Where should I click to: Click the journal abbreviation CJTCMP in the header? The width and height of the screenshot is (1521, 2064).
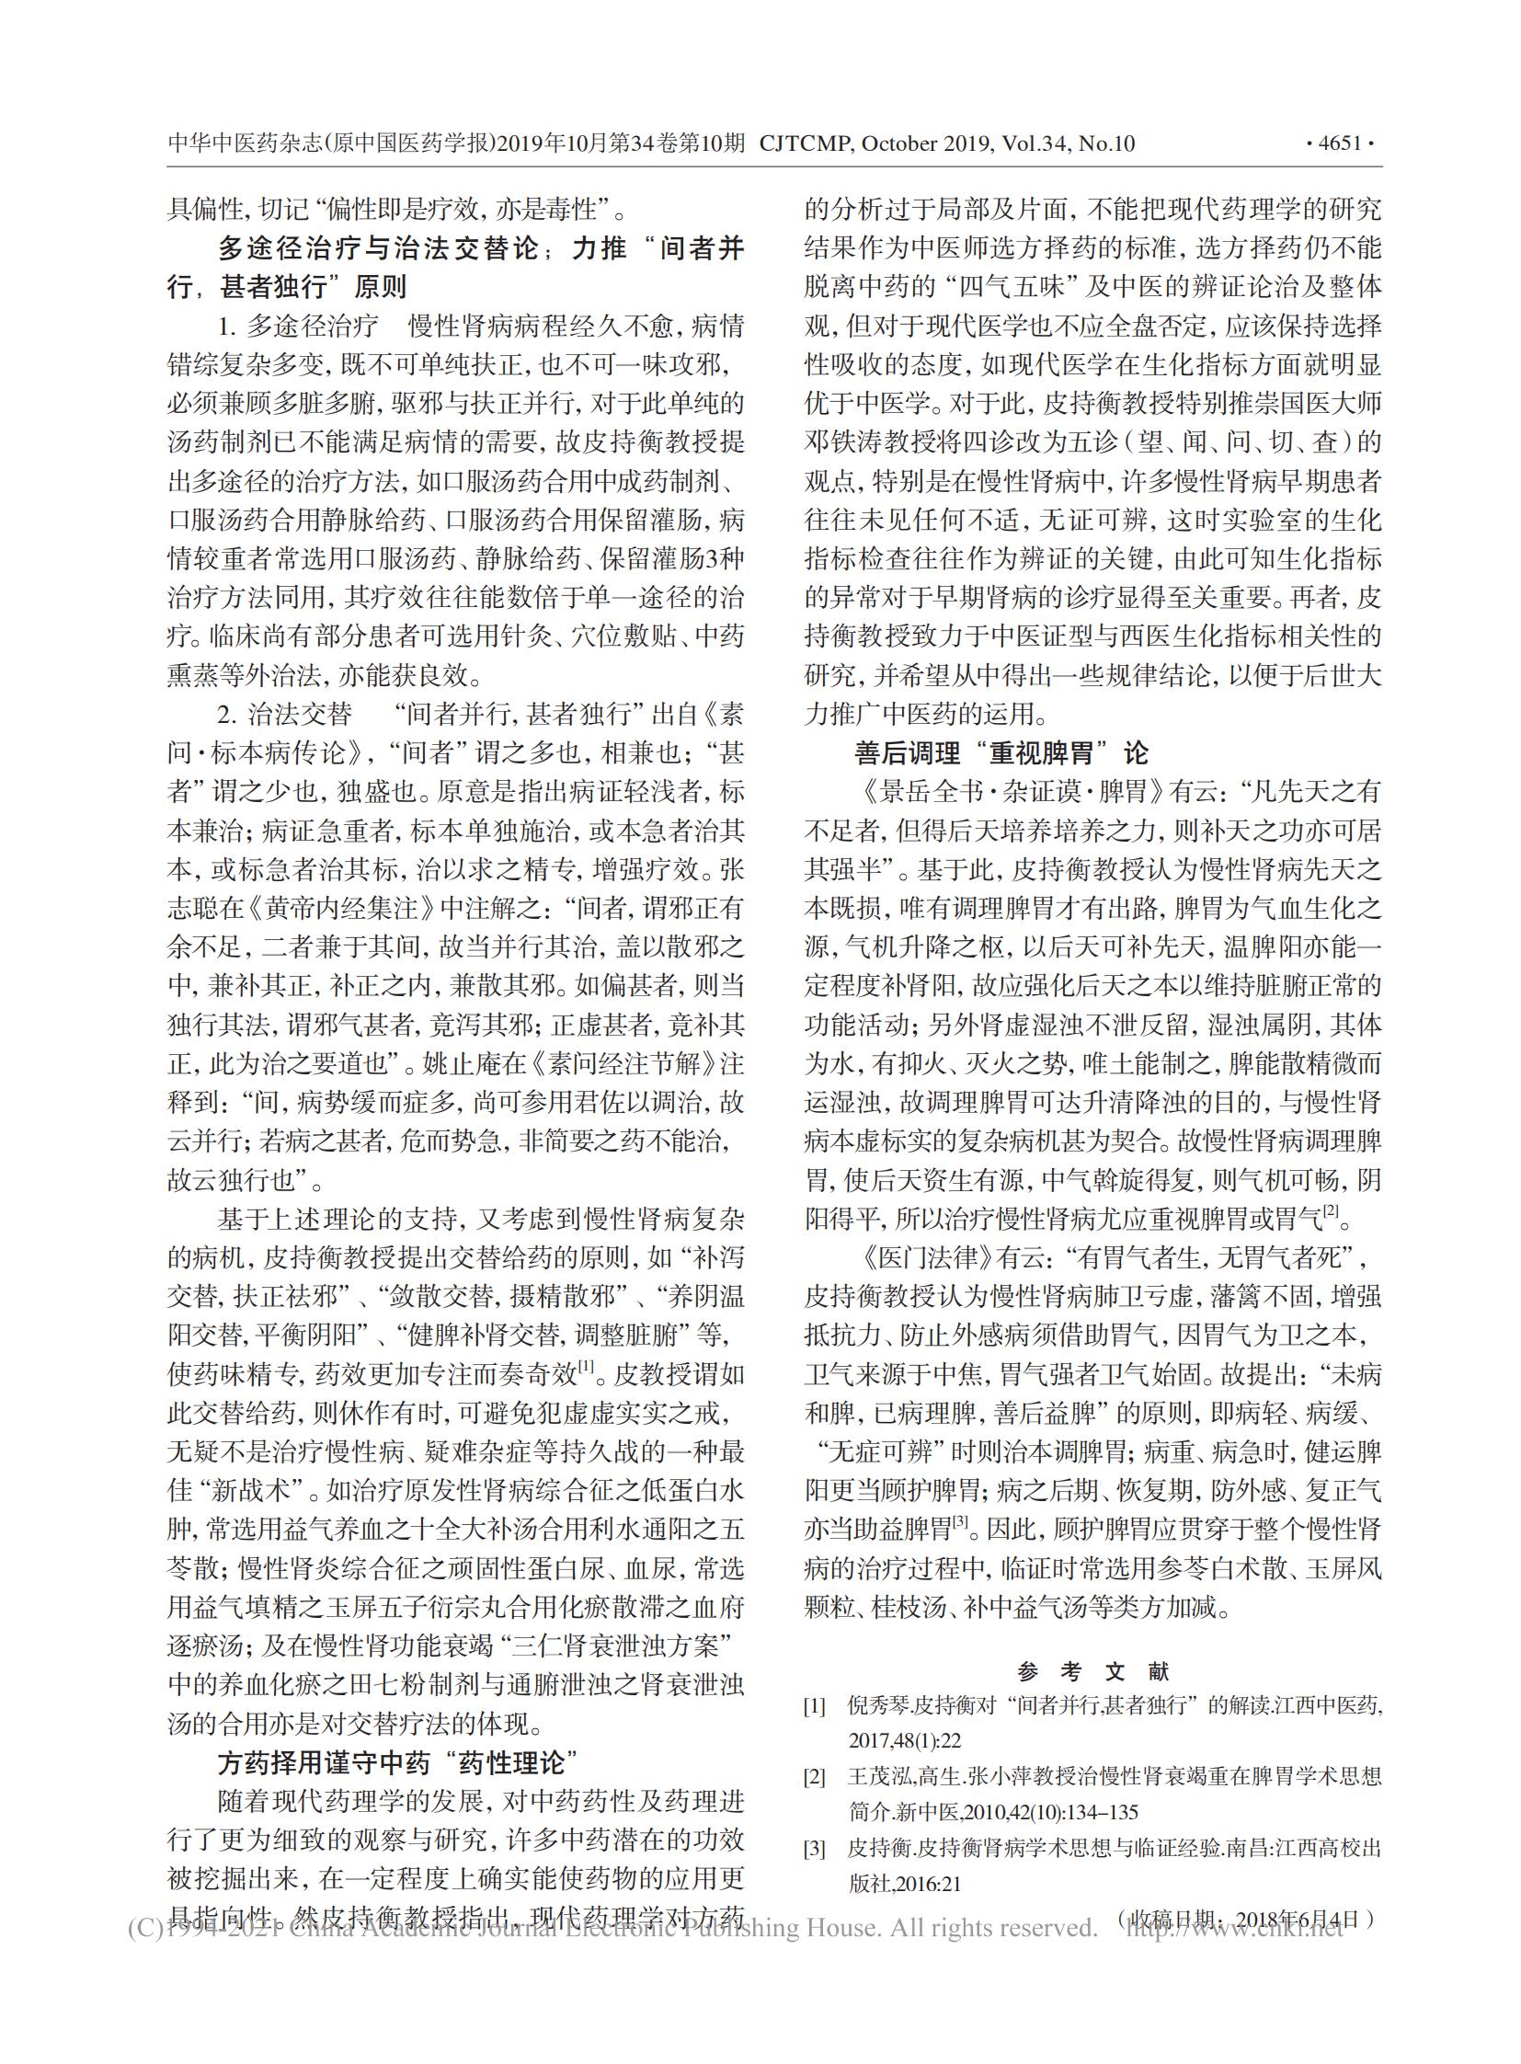pyautogui.click(x=806, y=143)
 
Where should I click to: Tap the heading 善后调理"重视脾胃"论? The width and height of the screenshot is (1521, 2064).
pyautogui.click(x=1002, y=753)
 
